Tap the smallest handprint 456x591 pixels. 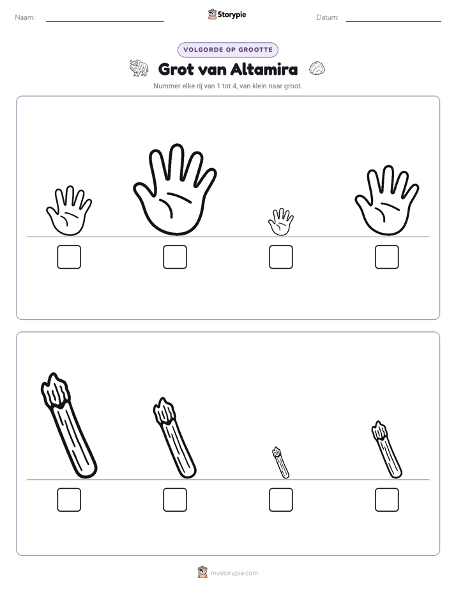click(x=280, y=223)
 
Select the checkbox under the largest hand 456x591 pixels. click(x=175, y=256)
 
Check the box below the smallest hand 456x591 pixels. click(x=280, y=256)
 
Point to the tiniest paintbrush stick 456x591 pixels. click(x=280, y=463)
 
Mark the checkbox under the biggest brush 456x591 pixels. click(x=69, y=500)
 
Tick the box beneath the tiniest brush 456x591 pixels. click(x=280, y=500)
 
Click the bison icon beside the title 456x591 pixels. click(x=139, y=68)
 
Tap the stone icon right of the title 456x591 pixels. click(x=317, y=68)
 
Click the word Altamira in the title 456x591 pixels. click(x=264, y=69)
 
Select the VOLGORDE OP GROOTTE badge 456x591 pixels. click(x=228, y=50)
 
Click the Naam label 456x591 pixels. click(x=25, y=17)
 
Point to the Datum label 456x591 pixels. click(x=327, y=17)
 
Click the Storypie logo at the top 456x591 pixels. click(x=227, y=14)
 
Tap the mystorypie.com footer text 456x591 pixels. click(x=234, y=573)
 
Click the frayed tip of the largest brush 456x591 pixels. click(x=56, y=390)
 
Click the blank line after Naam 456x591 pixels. click(x=105, y=22)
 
